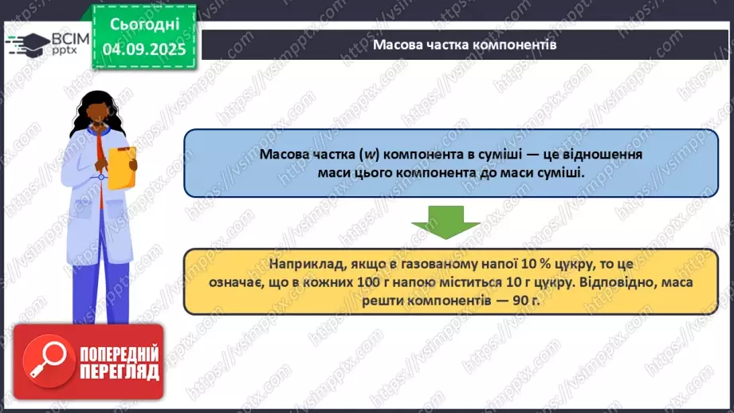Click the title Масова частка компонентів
[x=465, y=45]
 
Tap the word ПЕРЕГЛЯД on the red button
[x=119, y=372]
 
